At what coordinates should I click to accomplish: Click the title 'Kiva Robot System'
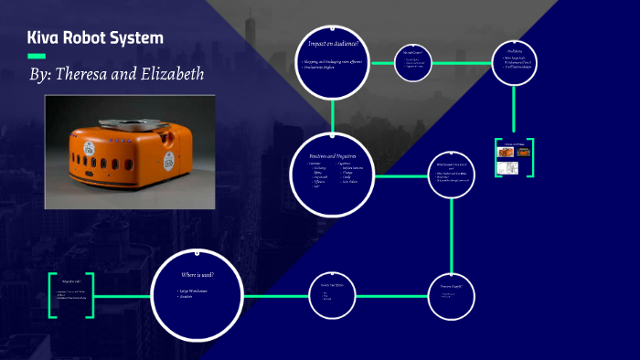click(96, 38)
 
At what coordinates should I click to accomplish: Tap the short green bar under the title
click(37, 57)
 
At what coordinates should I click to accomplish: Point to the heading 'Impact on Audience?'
click(333, 45)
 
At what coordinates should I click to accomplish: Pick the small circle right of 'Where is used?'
click(332, 293)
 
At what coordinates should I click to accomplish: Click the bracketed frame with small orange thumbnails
click(515, 158)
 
